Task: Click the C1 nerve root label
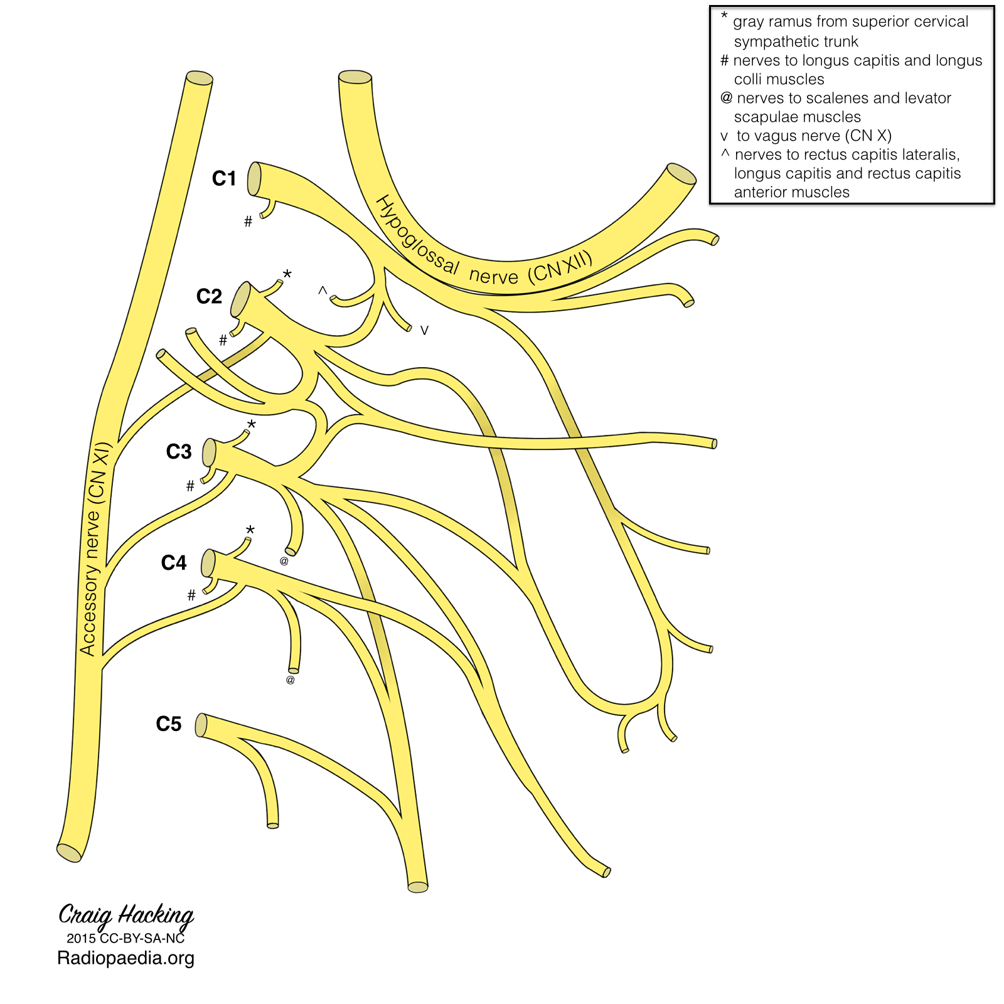point(224,179)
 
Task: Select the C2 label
point(209,296)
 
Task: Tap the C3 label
point(179,452)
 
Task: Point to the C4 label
point(174,563)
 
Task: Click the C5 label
point(169,724)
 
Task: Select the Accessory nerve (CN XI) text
point(95,549)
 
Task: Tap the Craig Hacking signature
point(126,916)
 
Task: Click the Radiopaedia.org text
point(126,958)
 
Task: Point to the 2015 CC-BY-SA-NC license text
point(126,939)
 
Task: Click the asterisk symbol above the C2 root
point(287,275)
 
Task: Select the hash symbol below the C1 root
point(248,222)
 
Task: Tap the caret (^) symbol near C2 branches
point(323,291)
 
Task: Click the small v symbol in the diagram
point(424,331)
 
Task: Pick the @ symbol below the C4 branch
point(290,680)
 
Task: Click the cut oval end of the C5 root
point(201,725)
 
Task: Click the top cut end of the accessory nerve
point(200,78)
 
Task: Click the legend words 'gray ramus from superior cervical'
point(850,22)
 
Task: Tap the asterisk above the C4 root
point(250,530)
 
